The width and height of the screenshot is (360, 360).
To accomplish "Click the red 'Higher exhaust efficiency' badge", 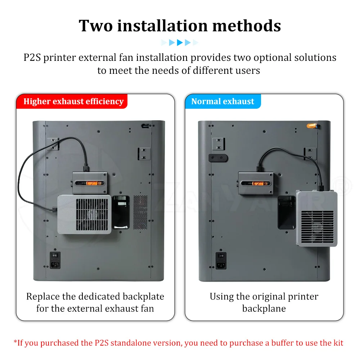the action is coord(72,101).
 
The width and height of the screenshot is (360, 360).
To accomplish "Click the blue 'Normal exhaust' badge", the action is coord(223,101).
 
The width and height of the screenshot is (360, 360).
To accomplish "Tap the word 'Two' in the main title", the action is coord(96,26).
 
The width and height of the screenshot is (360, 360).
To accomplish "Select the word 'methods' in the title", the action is coord(247,26).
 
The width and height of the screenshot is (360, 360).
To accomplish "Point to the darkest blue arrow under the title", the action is coord(180,42).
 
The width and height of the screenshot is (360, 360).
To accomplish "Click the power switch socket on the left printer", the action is coord(55,260).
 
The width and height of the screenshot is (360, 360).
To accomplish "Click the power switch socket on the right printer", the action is coord(221,261).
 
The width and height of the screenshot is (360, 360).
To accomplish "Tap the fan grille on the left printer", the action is coord(92,215).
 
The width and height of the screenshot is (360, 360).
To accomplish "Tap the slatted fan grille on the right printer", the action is coord(318,227).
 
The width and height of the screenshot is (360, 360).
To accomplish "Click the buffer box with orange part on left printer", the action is coord(90,183).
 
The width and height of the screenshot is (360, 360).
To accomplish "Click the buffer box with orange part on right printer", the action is coord(256,183).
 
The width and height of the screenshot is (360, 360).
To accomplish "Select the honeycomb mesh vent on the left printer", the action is coord(140,212).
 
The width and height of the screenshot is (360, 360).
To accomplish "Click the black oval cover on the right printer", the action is coord(218,158).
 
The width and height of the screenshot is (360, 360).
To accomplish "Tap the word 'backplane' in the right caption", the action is coord(264,309).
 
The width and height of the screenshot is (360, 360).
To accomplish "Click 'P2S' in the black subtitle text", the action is coord(32,57).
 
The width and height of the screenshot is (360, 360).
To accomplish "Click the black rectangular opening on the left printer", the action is coord(121,212).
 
